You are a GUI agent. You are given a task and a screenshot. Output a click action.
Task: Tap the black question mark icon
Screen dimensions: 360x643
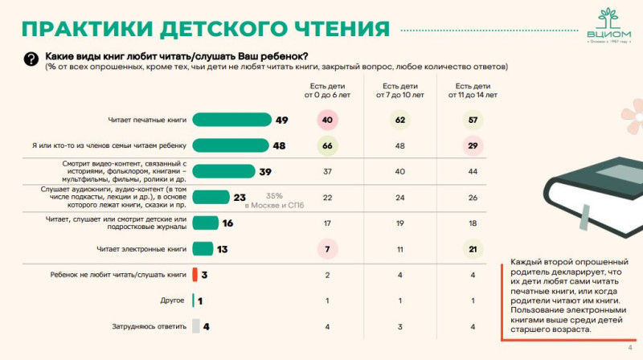31,59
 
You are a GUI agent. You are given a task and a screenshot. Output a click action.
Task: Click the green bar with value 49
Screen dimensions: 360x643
231,120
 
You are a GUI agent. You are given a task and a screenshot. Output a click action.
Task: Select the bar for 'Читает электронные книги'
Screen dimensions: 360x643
203,248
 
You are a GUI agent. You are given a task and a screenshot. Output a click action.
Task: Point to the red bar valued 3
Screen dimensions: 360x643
195,275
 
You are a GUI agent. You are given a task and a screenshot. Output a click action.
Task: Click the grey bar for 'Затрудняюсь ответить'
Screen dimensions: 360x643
195,325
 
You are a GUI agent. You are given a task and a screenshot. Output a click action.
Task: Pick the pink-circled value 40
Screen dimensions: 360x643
327,120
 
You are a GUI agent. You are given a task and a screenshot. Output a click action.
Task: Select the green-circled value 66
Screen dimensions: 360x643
327,145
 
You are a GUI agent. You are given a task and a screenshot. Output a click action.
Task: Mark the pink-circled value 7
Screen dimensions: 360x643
327,248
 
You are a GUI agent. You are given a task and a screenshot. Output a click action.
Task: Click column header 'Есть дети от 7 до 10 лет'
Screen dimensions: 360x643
399,90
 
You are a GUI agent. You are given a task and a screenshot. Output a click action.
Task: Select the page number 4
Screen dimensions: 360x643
629,347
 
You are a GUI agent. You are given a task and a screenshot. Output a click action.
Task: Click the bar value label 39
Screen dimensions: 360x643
265,171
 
